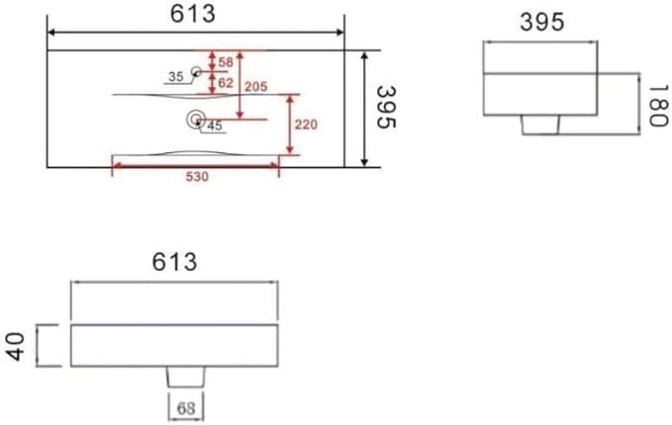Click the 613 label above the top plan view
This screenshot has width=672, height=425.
click(192, 14)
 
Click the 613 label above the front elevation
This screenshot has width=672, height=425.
click(174, 262)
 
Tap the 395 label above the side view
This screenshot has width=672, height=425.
click(541, 22)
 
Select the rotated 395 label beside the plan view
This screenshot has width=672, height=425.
click(386, 107)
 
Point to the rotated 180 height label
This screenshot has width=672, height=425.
click(659, 106)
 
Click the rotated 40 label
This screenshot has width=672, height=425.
click(16, 347)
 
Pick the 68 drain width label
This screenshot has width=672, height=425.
click(186, 408)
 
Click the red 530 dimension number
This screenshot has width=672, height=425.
click(197, 176)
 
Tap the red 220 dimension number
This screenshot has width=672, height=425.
click(306, 125)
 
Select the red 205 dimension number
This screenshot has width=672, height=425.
click(256, 86)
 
